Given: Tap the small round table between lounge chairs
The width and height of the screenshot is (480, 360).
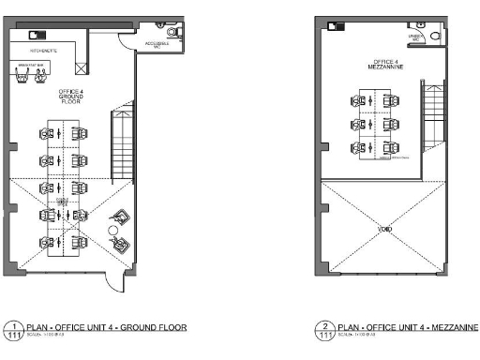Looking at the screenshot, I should click(x=112, y=230).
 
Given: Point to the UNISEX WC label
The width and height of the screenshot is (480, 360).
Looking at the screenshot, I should click(x=413, y=37).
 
